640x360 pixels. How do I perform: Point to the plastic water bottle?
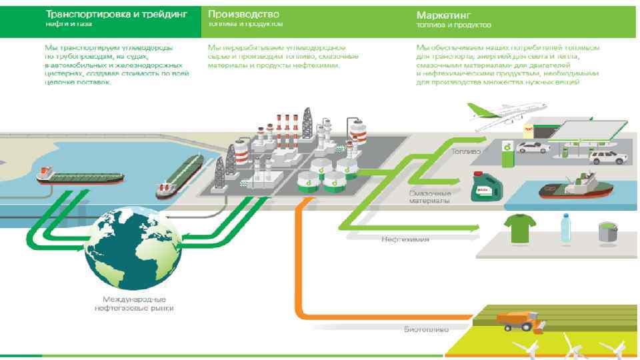(x=565, y=228)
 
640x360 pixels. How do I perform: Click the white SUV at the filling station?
(x=607, y=157)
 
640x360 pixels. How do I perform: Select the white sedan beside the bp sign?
(x=533, y=147)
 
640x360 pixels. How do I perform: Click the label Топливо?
(x=465, y=151)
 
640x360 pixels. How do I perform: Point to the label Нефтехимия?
(x=405, y=238)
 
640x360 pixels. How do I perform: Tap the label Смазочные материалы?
(x=430, y=197)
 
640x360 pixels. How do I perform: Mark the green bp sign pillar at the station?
(x=507, y=153)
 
